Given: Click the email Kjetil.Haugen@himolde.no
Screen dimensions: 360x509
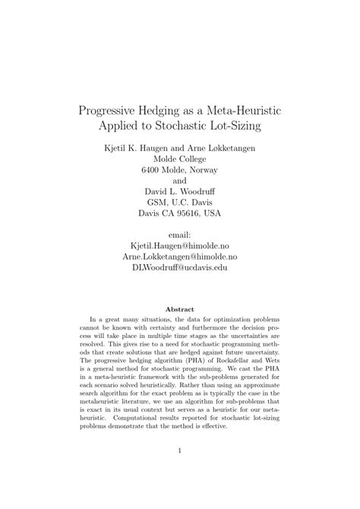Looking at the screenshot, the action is coord(180,248).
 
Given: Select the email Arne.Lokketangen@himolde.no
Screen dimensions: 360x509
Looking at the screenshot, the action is coord(180,258).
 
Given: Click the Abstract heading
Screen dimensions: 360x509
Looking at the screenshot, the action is coord(180,309).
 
